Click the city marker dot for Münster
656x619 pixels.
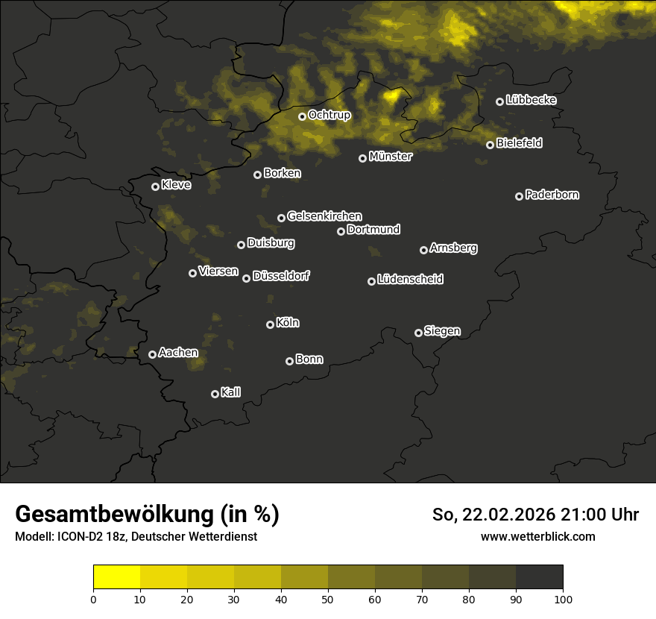tap(362, 158)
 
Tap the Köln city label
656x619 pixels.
tap(288, 323)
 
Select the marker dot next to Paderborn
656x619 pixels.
tap(519, 196)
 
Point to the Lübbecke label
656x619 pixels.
tap(531, 100)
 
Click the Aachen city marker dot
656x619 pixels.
tap(152, 354)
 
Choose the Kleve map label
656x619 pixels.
tap(176, 185)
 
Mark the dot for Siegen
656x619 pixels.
tap(418, 333)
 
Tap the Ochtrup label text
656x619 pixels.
tap(329, 115)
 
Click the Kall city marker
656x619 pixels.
tap(215, 394)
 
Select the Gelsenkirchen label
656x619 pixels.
tap(324, 216)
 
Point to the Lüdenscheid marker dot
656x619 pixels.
tap(371, 281)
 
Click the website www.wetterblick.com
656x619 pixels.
tap(538, 536)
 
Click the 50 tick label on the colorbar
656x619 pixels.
tap(328, 599)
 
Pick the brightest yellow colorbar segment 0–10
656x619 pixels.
tap(117, 577)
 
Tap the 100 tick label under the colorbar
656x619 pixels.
tap(563, 599)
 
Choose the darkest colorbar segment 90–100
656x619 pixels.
tap(539, 577)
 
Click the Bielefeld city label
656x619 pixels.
tap(519, 143)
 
